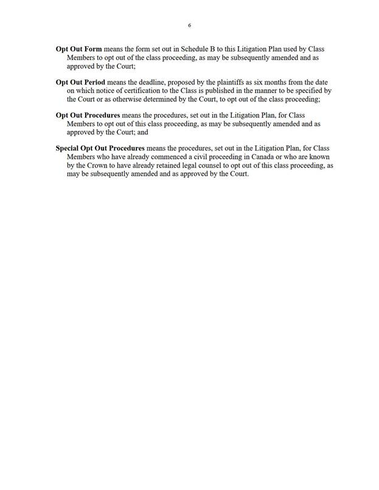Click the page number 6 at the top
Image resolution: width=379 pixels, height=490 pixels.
pyautogui.click(x=189, y=26)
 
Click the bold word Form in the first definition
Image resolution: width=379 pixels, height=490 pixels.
pyautogui.click(x=93, y=48)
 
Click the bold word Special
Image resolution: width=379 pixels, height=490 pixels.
pyautogui.click(x=70, y=148)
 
